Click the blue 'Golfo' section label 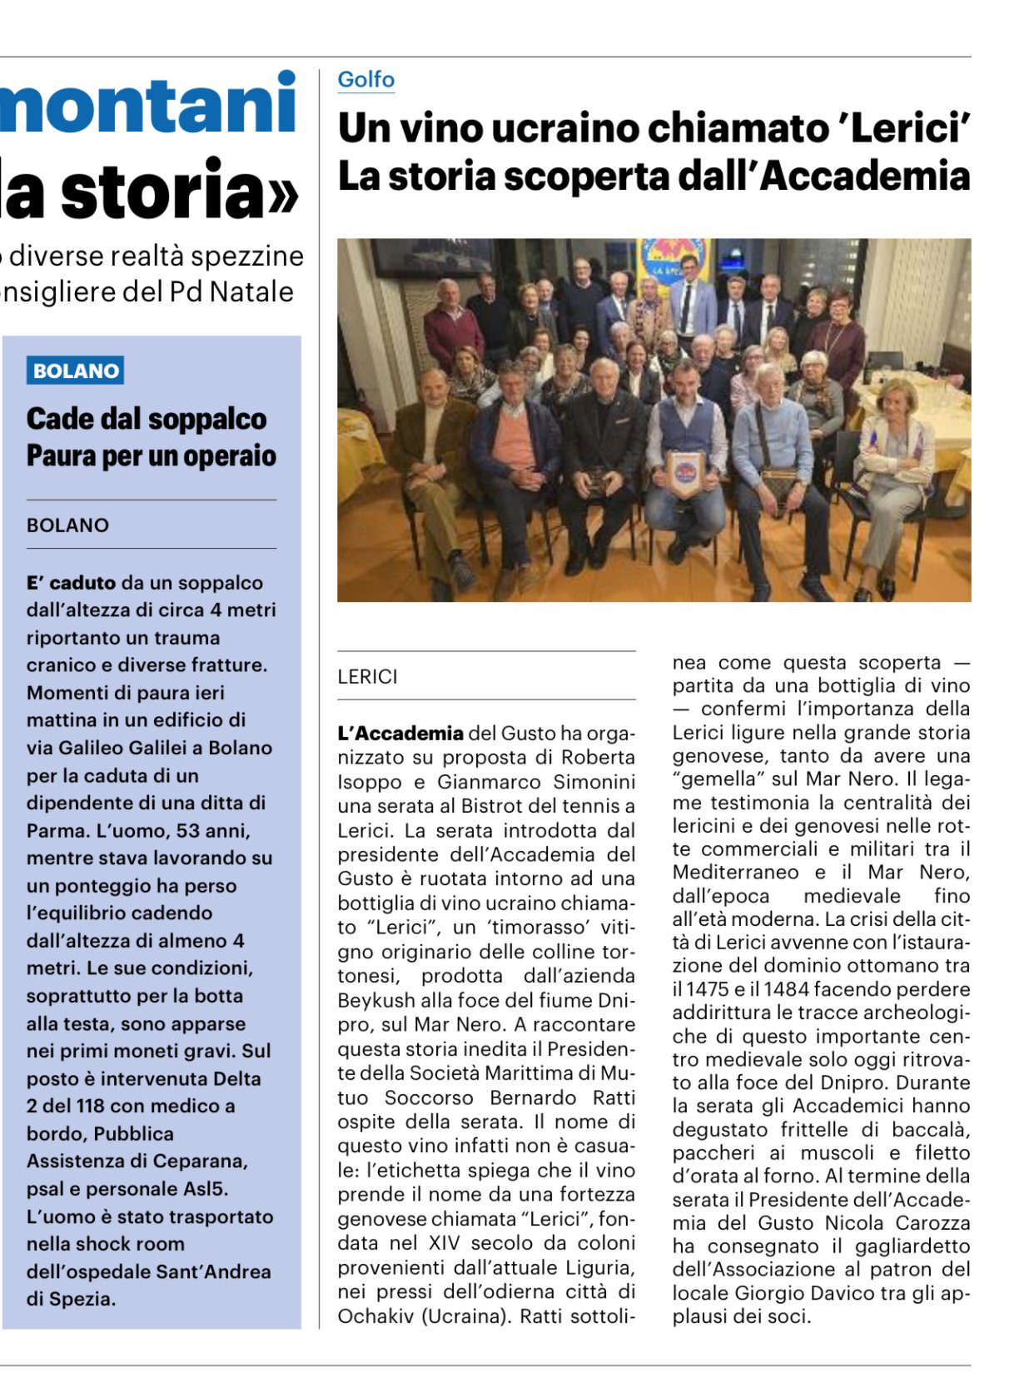tap(365, 80)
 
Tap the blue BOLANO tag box tap(75, 371)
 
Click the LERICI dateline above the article tap(367, 677)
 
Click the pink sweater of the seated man tap(513, 441)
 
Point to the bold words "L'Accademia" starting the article tap(400, 734)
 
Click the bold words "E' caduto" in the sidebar tap(71, 583)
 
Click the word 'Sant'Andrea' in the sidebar tap(221, 1271)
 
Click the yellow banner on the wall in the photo tap(674, 258)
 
